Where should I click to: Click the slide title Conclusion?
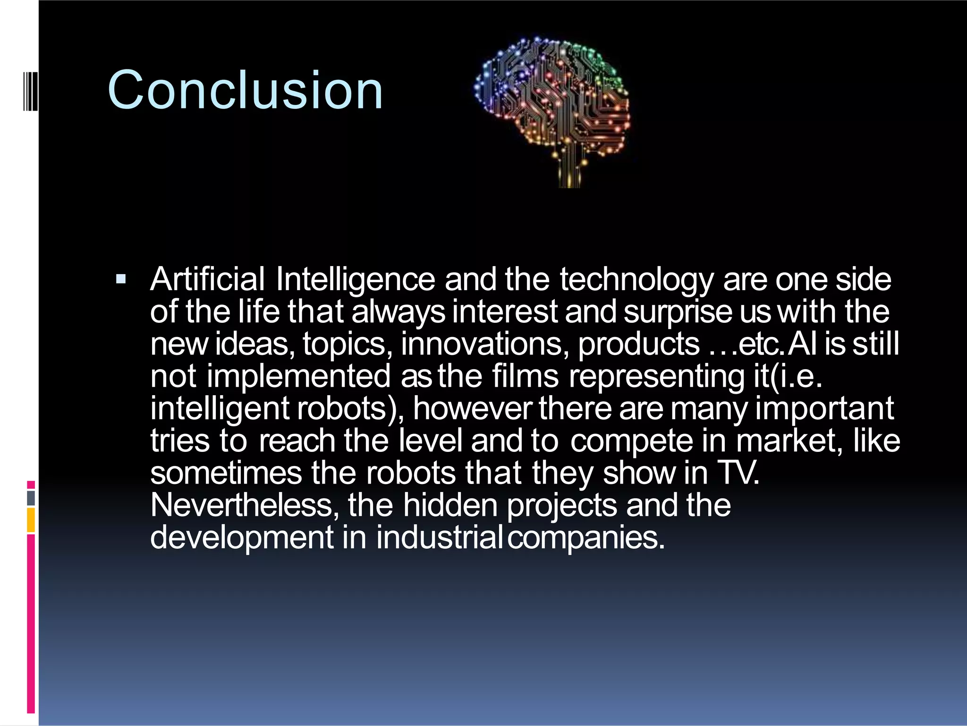click(245, 90)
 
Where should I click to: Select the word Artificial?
click(207, 279)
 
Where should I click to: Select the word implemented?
click(298, 377)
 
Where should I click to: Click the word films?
click(525, 376)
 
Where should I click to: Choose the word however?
click(473, 408)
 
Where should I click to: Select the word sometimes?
click(226, 473)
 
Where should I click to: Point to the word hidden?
click(450, 505)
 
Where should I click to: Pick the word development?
click(242, 538)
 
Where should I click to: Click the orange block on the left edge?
click(31, 520)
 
